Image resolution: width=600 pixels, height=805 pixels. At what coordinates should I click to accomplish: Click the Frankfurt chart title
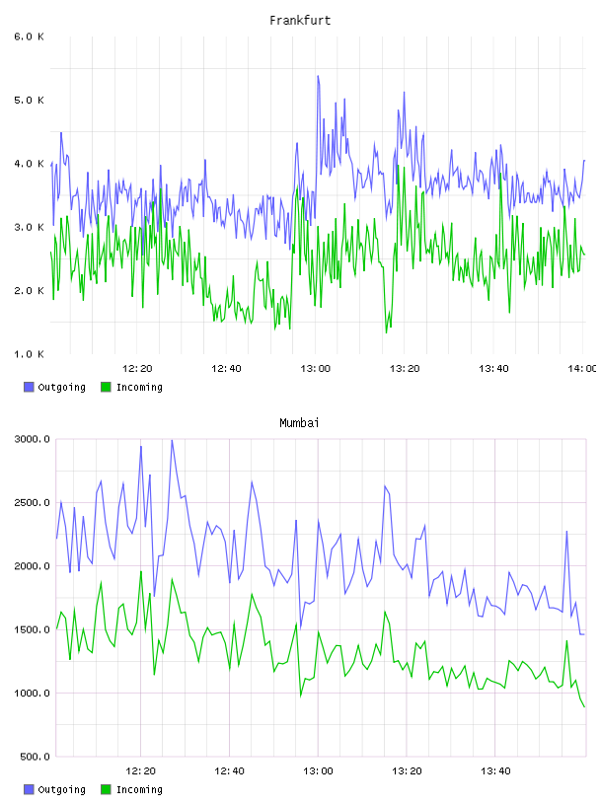(x=300, y=21)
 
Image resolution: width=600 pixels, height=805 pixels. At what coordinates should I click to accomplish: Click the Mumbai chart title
(x=299, y=423)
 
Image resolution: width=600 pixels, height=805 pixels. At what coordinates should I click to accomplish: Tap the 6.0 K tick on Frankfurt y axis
(x=29, y=37)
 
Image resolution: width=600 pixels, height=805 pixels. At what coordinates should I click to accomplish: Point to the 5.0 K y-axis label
(x=29, y=100)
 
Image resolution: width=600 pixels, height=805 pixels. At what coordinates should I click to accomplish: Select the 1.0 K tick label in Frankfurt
(x=29, y=354)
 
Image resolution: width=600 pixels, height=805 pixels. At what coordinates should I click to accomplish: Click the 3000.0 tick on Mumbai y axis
(x=32, y=439)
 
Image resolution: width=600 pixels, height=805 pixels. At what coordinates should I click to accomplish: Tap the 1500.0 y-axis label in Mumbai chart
(x=32, y=629)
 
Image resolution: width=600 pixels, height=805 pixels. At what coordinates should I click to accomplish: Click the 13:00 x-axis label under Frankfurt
(x=316, y=369)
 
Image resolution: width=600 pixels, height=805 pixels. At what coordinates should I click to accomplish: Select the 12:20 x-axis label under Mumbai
(x=140, y=771)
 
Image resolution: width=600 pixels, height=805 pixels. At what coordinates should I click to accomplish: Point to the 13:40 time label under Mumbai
(x=495, y=771)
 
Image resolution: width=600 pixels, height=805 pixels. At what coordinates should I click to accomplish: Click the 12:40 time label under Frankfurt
(x=226, y=369)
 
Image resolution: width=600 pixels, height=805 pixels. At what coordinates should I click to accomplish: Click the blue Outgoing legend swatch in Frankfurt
(x=29, y=387)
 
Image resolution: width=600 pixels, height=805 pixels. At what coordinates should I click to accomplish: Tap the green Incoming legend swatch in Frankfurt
(x=106, y=387)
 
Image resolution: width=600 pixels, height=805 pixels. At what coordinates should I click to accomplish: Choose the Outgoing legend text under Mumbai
(x=61, y=789)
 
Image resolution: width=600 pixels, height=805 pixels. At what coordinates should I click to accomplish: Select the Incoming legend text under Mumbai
(x=139, y=789)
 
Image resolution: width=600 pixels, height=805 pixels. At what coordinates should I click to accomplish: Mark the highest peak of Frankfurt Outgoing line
(x=318, y=76)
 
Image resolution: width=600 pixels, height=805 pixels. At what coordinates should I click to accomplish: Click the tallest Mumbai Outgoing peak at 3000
(x=172, y=440)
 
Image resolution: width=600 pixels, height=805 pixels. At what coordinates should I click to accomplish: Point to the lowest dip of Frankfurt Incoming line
(x=386, y=332)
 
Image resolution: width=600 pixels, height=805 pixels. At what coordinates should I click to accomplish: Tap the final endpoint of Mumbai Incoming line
(x=584, y=707)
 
